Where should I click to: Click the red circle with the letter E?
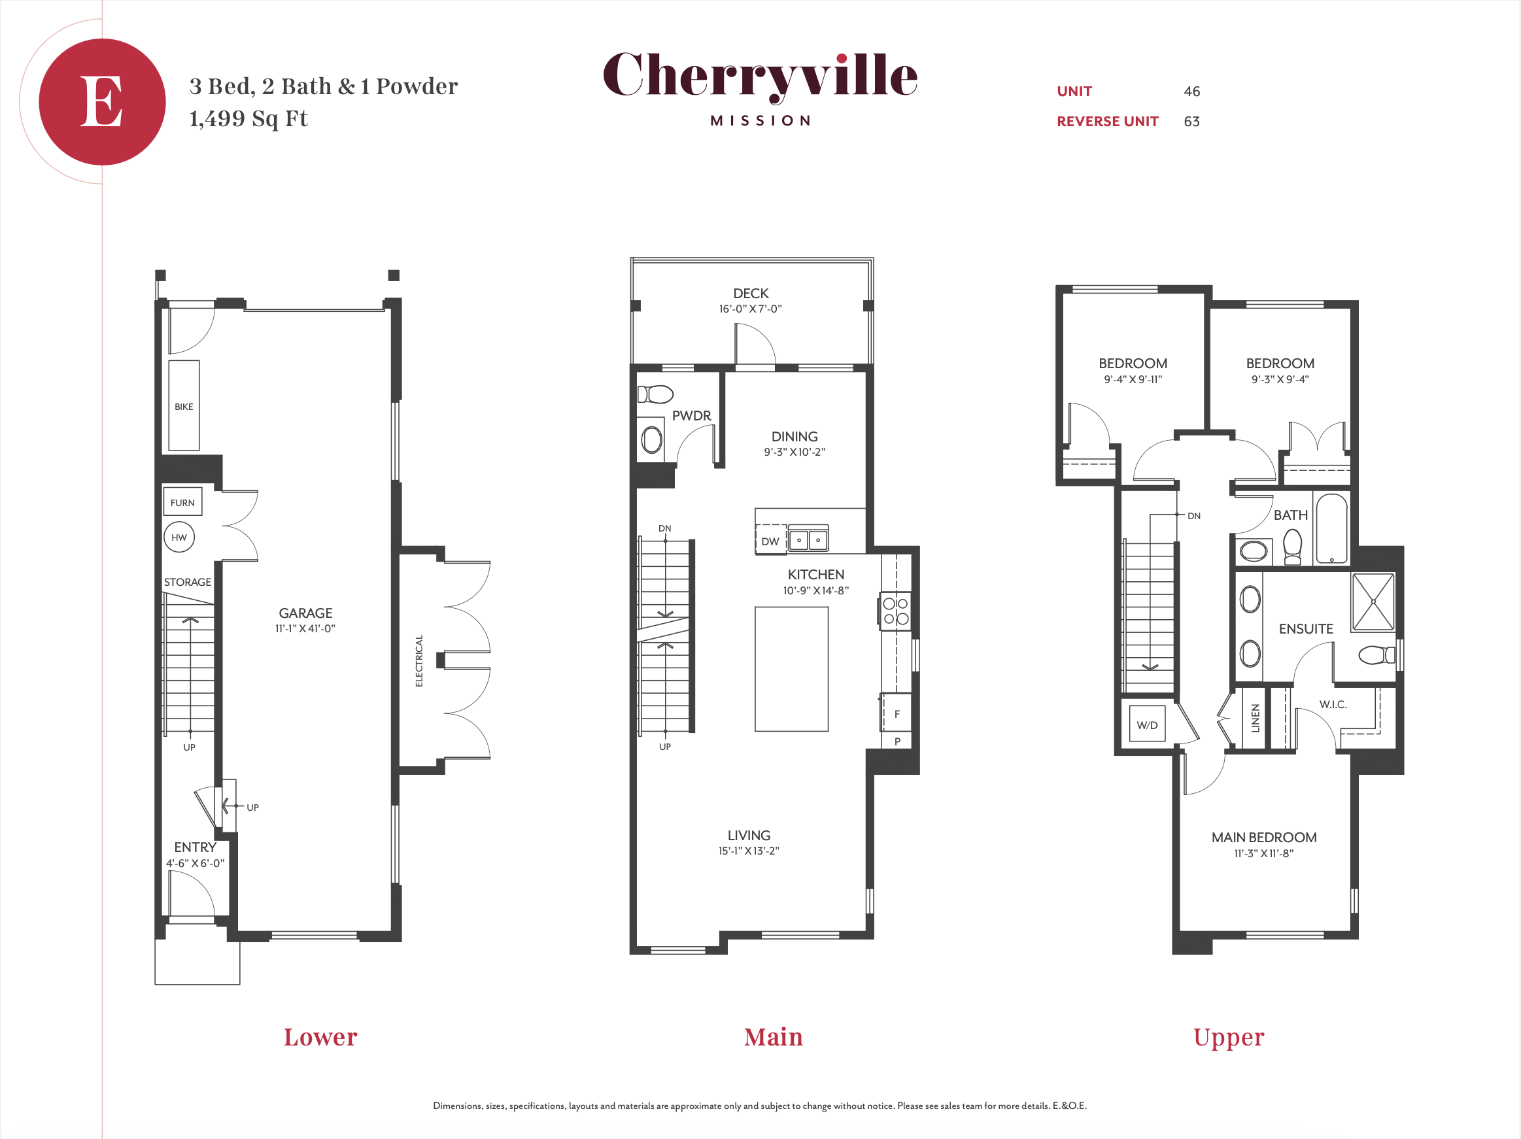[x=102, y=102]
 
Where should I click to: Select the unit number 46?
[x=1191, y=92]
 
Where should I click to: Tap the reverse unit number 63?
[x=1191, y=122]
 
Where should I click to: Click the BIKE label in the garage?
[x=184, y=407]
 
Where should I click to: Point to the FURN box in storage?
[x=182, y=501]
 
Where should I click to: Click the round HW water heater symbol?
[x=179, y=537]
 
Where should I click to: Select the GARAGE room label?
[x=305, y=613]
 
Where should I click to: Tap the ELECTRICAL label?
[x=419, y=660]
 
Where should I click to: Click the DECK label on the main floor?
[x=751, y=294]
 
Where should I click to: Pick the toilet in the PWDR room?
[x=655, y=394]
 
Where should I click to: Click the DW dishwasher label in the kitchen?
[x=770, y=541]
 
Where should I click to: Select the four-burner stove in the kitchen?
[x=895, y=611]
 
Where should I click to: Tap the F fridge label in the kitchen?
[x=897, y=714]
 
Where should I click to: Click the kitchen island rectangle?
[x=791, y=669]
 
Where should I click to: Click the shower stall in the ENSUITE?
[x=1373, y=602]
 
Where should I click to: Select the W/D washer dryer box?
[x=1147, y=723]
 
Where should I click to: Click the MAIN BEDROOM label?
[x=1264, y=837]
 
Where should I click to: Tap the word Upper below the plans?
[x=1229, y=1038]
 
